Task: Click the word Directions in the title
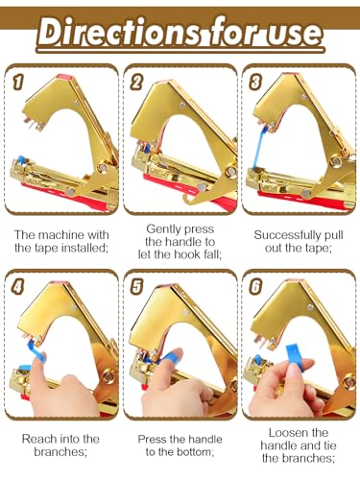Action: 119,32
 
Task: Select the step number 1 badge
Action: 17,82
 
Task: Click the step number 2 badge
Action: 136,82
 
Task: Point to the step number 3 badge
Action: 255,82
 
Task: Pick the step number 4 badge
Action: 17,286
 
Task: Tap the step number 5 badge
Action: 136,286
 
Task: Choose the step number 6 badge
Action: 255,286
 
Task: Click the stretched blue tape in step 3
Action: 258,148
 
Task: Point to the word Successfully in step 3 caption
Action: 286,235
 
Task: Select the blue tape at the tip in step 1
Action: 21,158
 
